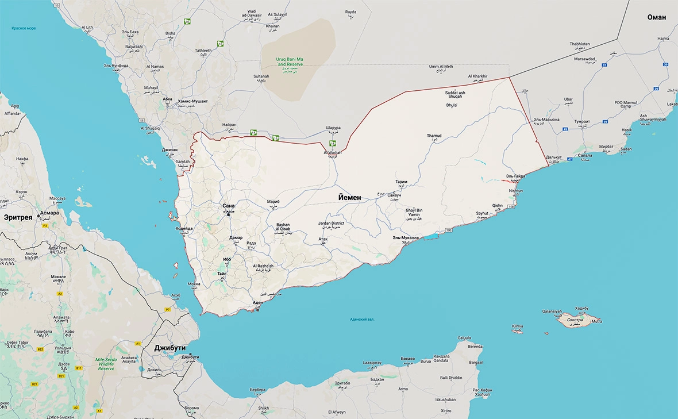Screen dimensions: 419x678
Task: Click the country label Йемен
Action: click(350, 197)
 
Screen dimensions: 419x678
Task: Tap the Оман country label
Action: click(657, 17)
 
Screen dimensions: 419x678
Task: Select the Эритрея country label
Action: click(18, 218)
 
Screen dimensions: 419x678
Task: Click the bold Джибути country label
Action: click(169, 348)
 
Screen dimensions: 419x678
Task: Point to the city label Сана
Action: click(229, 206)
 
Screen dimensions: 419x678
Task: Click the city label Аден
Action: click(258, 302)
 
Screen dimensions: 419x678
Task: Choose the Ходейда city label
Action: click(184, 229)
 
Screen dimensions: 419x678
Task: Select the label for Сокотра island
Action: click(575, 319)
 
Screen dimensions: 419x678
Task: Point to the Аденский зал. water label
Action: click(362, 319)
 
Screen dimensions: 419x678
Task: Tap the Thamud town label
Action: click(434, 136)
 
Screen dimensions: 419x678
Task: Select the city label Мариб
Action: click(273, 202)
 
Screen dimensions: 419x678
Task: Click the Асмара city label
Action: click(49, 213)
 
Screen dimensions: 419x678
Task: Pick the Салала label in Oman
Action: click(585, 156)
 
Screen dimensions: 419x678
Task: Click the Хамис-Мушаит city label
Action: click(193, 101)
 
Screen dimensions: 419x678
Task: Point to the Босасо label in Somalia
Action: click(407, 359)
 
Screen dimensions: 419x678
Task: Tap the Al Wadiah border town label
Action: click(332, 152)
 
